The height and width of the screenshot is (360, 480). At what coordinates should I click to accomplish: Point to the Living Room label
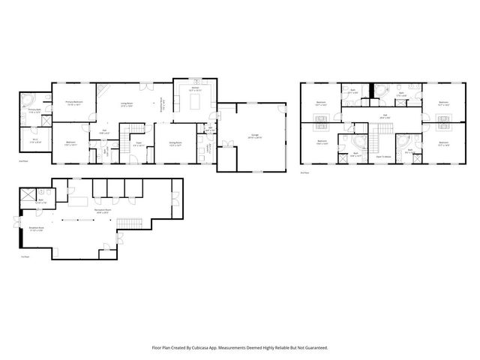[127, 105]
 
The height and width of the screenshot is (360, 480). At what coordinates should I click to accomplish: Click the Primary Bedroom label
[73, 103]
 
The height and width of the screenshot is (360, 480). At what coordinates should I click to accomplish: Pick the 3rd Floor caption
[304, 173]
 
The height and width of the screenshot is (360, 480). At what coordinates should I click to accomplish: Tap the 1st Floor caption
[25, 256]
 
